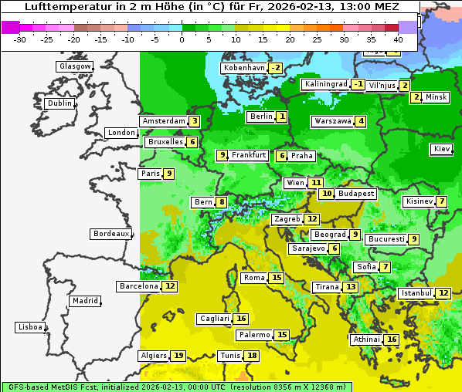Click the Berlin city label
click(x=260, y=117)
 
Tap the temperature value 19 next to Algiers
click(x=179, y=356)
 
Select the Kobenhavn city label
click(x=243, y=68)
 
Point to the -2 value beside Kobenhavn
click(x=275, y=68)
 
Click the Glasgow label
click(x=75, y=66)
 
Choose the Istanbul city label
click(x=416, y=293)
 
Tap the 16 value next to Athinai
click(x=392, y=340)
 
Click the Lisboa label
click(x=30, y=327)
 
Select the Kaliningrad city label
click(x=324, y=84)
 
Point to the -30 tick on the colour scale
click(x=20, y=39)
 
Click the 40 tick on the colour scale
click(x=398, y=39)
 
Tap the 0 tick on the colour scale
click(x=182, y=39)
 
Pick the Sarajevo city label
click(x=308, y=248)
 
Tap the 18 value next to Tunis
click(x=252, y=356)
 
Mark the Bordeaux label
click(x=111, y=234)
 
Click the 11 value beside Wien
click(x=316, y=183)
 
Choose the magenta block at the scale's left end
click(x=10, y=27)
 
